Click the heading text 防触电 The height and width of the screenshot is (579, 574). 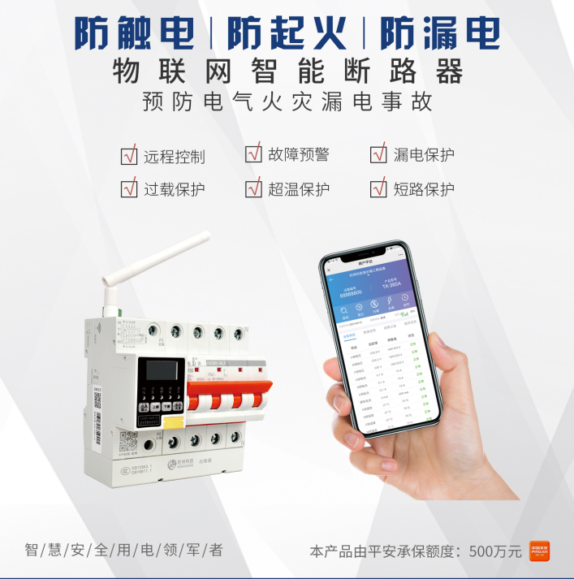pos(134,33)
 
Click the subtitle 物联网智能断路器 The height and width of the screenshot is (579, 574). pos(287,71)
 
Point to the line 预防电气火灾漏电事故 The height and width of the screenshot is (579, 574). pos(287,103)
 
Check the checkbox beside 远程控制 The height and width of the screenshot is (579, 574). pos(129,154)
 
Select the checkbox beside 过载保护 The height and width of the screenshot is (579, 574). pos(129,188)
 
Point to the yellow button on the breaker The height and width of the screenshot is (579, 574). pos(173,420)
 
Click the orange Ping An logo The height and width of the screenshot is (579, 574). pos(540,551)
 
